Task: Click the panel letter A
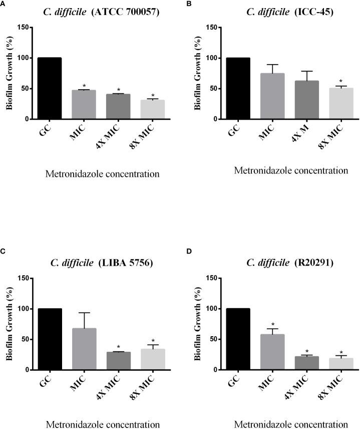[3, 5]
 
